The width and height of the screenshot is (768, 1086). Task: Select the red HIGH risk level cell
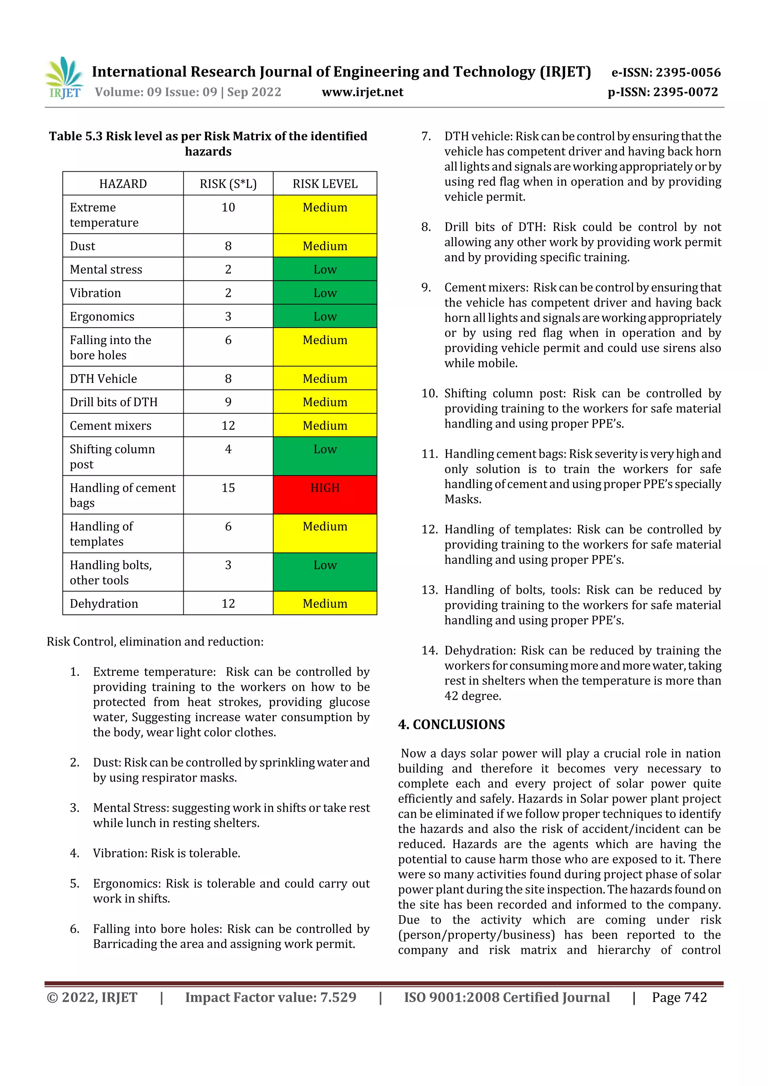[325, 494]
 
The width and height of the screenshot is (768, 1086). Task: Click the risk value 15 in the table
[228, 488]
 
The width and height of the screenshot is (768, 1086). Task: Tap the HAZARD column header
[123, 184]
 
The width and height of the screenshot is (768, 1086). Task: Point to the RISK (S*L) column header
[228, 184]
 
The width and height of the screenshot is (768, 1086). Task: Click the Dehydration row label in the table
[104, 604]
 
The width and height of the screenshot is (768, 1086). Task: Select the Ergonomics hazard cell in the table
[102, 316]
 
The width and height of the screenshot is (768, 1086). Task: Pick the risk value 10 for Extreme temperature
[228, 207]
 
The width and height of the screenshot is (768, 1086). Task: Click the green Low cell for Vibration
[325, 293]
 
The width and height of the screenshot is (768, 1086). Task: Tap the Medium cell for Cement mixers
[325, 425]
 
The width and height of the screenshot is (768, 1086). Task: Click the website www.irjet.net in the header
[363, 92]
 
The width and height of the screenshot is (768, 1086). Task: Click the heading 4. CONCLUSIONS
[451, 724]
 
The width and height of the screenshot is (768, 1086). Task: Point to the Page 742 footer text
[679, 997]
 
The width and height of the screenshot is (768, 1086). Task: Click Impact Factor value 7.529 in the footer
[271, 997]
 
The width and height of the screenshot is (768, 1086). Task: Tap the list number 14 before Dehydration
[430, 650]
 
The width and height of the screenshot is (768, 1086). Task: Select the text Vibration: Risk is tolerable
[166, 853]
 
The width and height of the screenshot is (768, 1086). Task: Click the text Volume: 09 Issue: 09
[156, 92]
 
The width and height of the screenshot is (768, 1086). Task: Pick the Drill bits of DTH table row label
[114, 402]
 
